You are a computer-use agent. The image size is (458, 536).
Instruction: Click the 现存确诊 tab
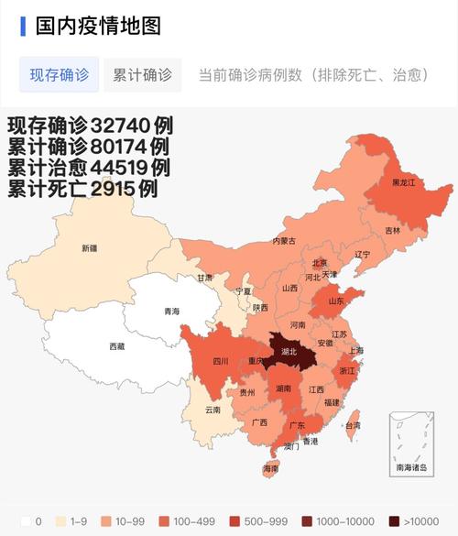(x=60, y=74)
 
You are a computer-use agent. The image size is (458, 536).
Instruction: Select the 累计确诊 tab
(x=142, y=74)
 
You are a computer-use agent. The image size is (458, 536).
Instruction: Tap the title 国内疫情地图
(x=98, y=25)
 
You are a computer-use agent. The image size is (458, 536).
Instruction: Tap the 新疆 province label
(x=89, y=248)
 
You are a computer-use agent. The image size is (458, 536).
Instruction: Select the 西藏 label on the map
(x=117, y=346)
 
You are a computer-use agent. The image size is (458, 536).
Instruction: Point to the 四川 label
(x=220, y=361)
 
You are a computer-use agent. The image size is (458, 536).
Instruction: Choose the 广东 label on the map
(x=297, y=426)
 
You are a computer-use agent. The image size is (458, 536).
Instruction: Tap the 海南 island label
(x=270, y=468)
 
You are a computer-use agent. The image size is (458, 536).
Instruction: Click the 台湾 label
(x=352, y=425)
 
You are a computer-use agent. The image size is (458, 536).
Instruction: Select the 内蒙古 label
(x=284, y=242)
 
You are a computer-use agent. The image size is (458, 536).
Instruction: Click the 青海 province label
(x=171, y=312)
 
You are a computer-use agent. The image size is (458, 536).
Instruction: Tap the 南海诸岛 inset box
(x=410, y=444)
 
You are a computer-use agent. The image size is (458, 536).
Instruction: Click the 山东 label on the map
(x=336, y=300)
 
